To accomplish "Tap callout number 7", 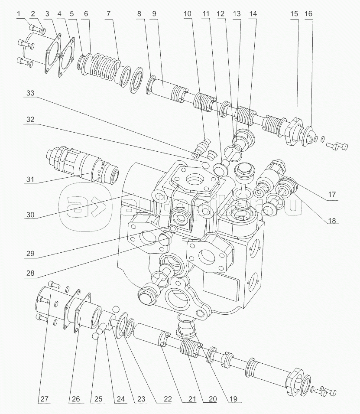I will point(107,14).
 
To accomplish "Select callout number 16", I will point(308,14).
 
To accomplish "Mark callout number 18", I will point(331,221).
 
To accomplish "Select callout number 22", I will point(164,400).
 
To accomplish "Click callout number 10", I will point(187,14).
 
